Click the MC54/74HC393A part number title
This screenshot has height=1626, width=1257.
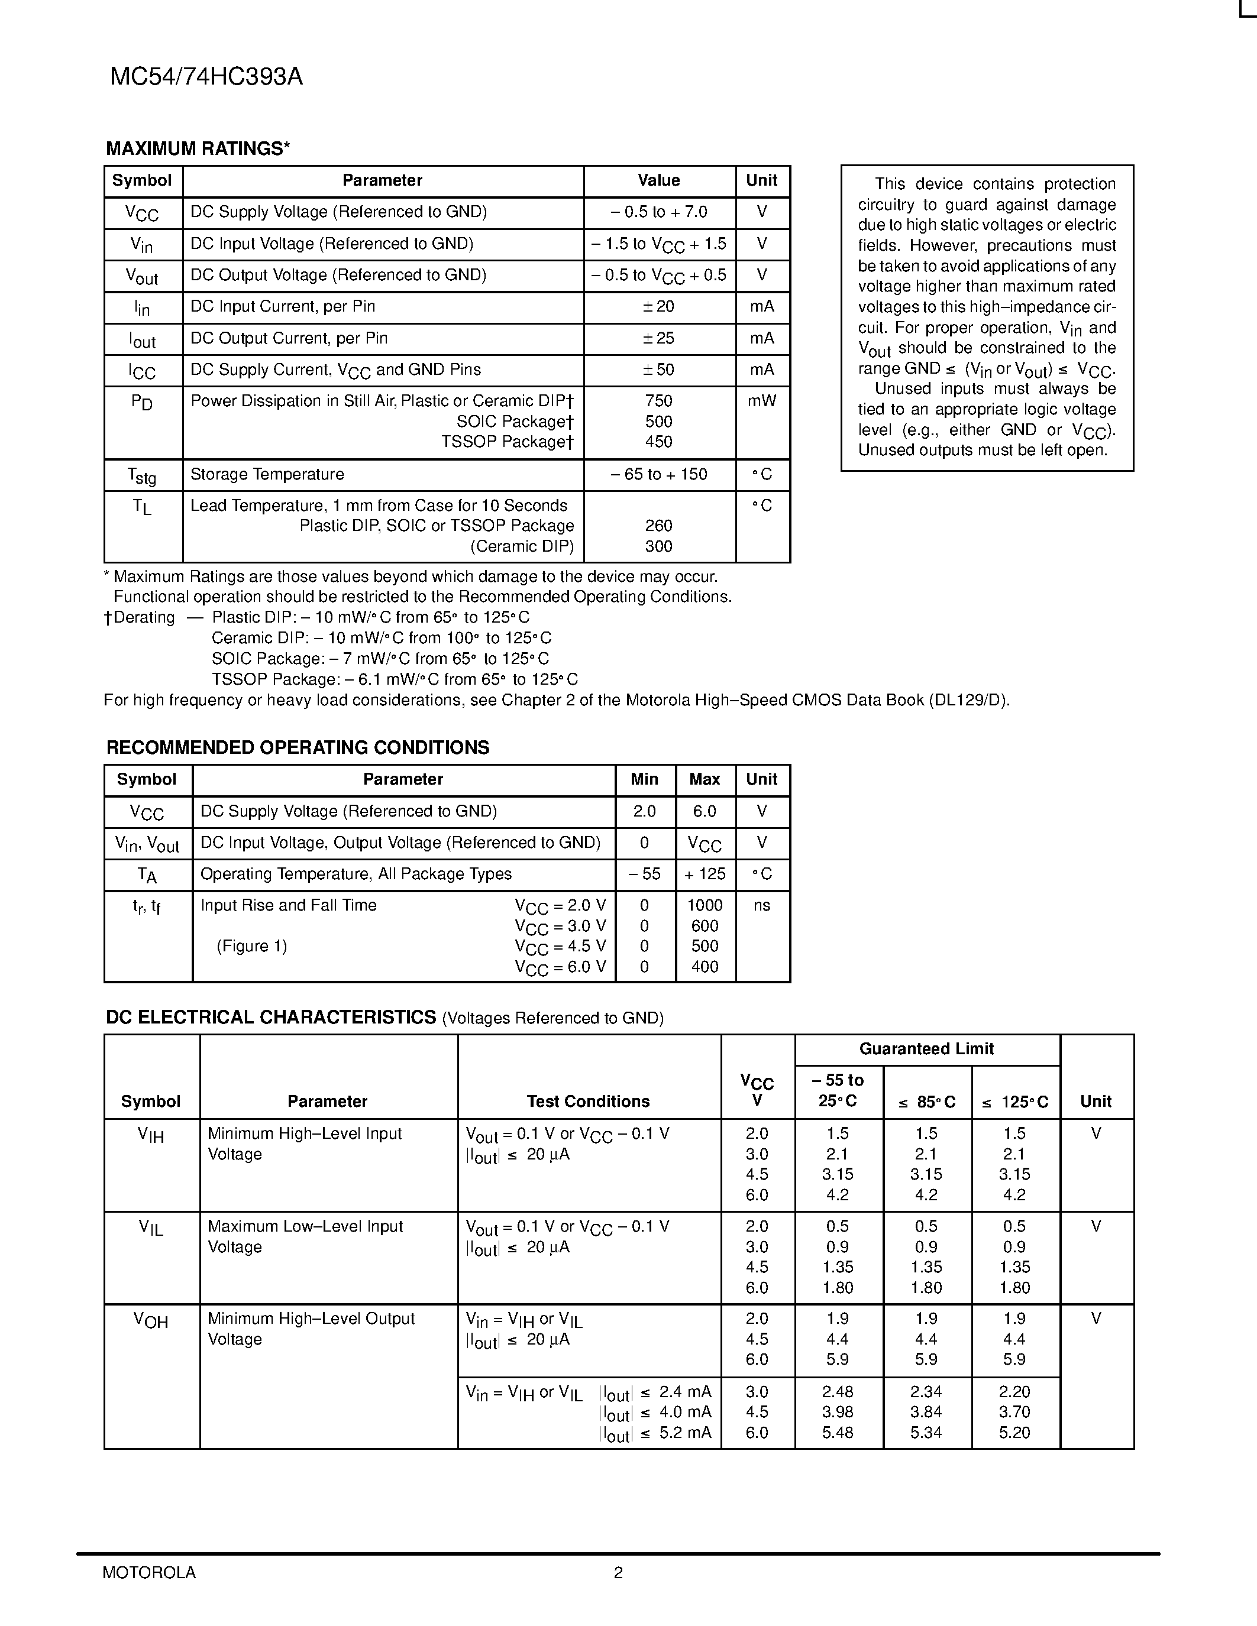click(x=206, y=77)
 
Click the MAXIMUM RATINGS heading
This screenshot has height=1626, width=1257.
click(x=198, y=149)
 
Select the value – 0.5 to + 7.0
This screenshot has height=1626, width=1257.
click(x=658, y=212)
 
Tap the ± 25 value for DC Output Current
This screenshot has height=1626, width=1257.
click(x=658, y=338)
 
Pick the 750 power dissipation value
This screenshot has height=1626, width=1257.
click(x=658, y=401)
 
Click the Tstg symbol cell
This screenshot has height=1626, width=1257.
click(x=141, y=475)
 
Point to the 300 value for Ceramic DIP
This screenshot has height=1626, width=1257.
click(x=658, y=546)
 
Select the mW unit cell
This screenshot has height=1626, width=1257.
click(x=762, y=401)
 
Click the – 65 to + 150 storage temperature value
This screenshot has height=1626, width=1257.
click(x=658, y=474)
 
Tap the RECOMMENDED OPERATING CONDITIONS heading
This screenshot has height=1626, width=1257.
click(x=298, y=747)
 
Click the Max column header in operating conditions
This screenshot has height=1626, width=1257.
click(x=705, y=779)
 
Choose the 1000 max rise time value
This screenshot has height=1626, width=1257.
click(x=705, y=905)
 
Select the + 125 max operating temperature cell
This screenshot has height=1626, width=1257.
click(x=705, y=874)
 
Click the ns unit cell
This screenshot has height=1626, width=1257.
click(x=762, y=905)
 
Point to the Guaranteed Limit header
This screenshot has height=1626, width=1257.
click(x=926, y=1049)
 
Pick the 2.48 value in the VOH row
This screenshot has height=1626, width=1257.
click(x=838, y=1391)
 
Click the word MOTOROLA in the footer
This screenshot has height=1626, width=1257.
click(x=149, y=1572)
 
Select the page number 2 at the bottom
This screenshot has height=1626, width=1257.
click(x=618, y=1572)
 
